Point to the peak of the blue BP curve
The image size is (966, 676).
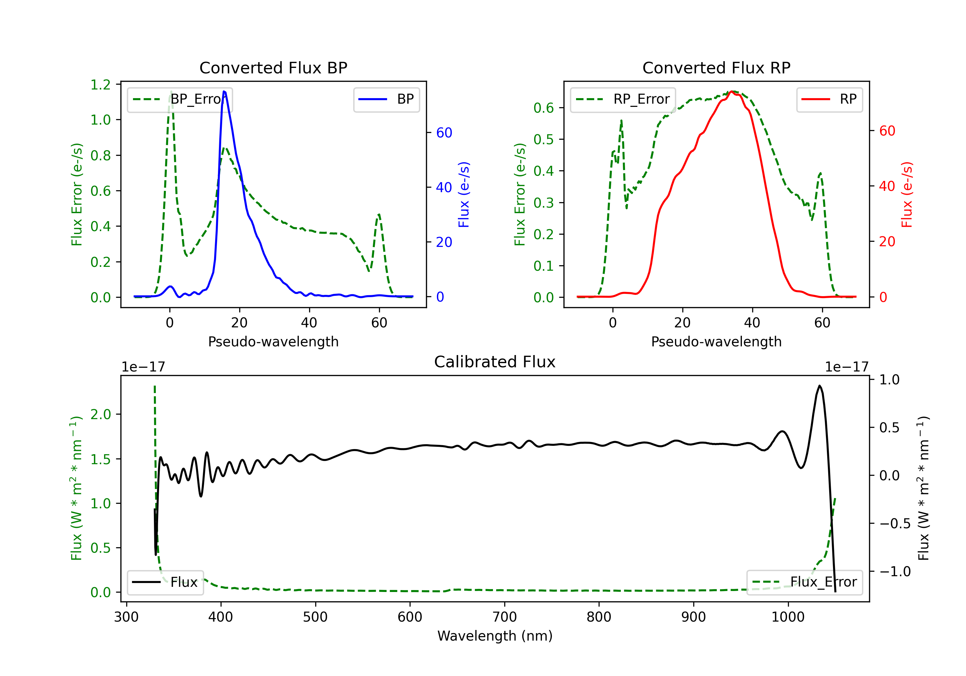224,91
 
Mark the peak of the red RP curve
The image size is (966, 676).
732,91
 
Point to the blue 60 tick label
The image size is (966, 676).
444,133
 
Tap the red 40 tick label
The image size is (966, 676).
887,186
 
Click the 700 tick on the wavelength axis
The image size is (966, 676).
505,617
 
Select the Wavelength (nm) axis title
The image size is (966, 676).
495,636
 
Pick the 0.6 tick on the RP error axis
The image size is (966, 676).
544,108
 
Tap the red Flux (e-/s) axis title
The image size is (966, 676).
907,194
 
